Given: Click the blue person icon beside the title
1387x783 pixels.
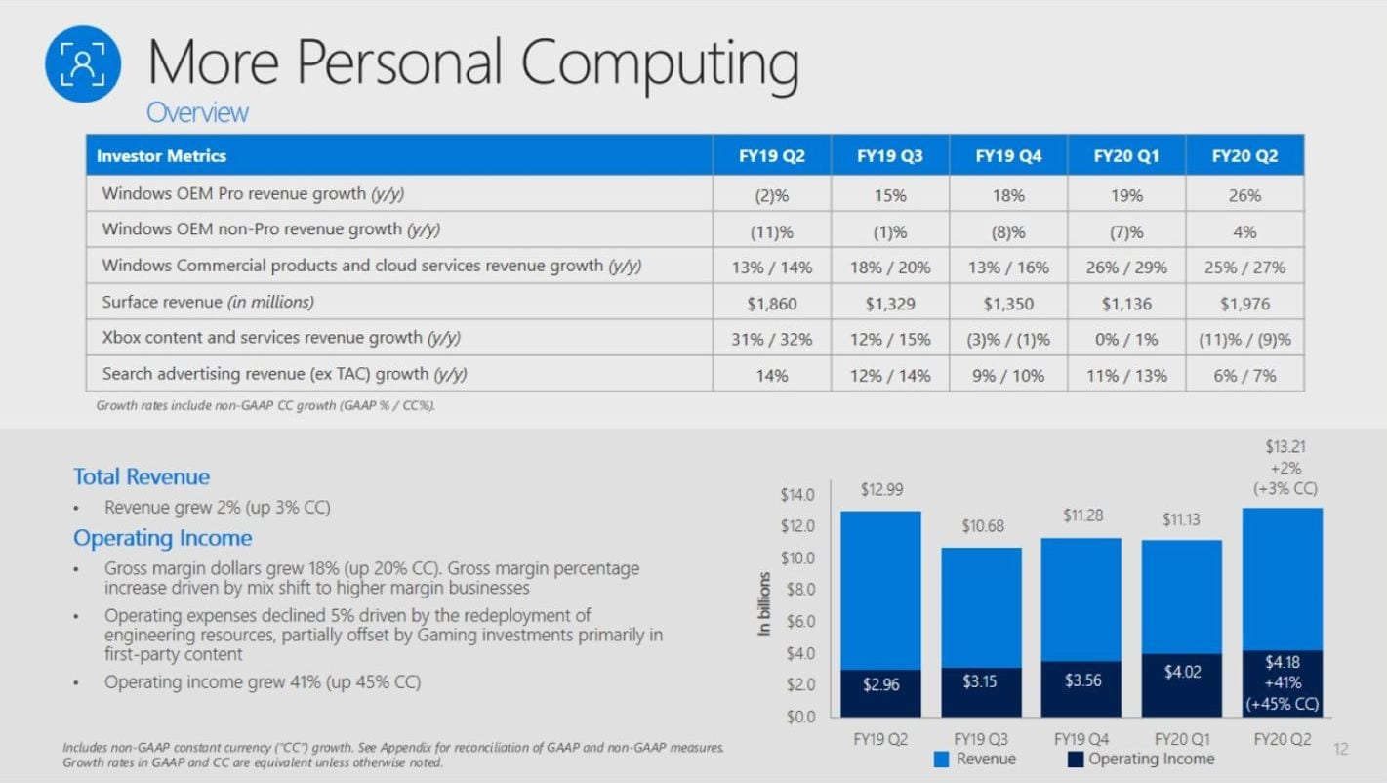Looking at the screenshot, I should pyautogui.click(x=83, y=64).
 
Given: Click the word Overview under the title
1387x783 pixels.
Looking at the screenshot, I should pyautogui.click(x=197, y=112).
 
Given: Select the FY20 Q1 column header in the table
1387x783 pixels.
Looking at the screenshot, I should pyautogui.click(x=1126, y=156).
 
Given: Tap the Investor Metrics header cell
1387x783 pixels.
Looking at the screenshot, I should pyautogui.click(x=161, y=156).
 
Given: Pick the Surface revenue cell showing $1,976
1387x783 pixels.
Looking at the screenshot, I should pyautogui.click(x=1244, y=304).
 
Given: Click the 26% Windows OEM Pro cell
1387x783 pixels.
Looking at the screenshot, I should pyautogui.click(x=1244, y=195).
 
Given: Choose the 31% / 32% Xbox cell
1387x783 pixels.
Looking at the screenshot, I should pyautogui.click(x=772, y=340).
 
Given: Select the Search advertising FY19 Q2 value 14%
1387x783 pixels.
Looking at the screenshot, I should pyautogui.click(x=772, y=375).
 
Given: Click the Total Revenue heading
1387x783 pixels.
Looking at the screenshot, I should pyautogui.click(x=142, y=476).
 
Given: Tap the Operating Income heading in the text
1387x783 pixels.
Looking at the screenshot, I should pyautogui.click(x=162, y=538).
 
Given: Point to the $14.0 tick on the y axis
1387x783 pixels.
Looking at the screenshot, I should pyautogui.click(x=796, y=495).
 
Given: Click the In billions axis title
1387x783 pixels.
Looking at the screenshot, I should pyautogui.click(x=764, y=605).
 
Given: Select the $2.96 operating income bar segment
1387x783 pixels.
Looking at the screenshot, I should pyautogui.click(x=880, y=685).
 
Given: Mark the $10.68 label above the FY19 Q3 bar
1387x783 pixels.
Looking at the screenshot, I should pyautogui.click(x=981, y=526).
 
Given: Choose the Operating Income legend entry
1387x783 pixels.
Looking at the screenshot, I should pyautogui.click(x=1141, y=759).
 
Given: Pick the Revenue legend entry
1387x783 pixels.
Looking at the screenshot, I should pyautogui.click(x=975, y=759).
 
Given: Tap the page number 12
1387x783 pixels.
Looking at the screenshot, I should pyautogui.click(x=1340, y=750).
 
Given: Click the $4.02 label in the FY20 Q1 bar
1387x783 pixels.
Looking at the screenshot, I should pyautogui.click(x=1181, y=672).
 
